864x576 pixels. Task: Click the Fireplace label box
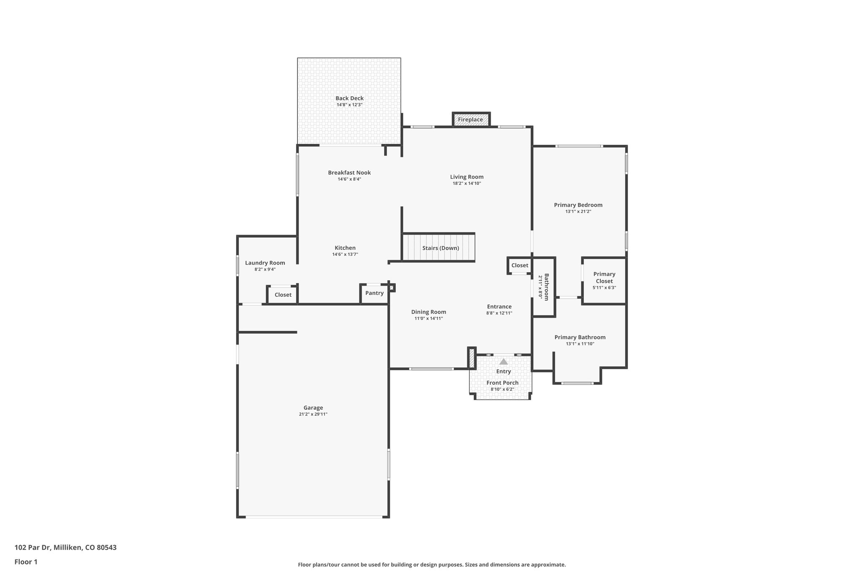click(471, 119)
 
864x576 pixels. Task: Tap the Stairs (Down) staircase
click(439, 248)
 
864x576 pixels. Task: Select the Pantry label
click(374, 293)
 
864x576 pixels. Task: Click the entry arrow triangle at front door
click(503, 362)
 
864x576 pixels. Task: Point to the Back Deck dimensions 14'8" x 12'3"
click(349, 105)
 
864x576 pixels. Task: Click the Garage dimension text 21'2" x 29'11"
click(313, 414)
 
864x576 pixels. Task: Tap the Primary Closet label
click(604, 277)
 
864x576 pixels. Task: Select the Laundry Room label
click(265, 263)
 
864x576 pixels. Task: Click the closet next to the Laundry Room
click(283, 295)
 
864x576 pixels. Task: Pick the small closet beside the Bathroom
click(519, 265)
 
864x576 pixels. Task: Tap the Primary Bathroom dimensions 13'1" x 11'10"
click(580, 344)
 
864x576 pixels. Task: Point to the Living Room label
click(467, 177)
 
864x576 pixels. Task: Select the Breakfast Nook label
click(349, 173)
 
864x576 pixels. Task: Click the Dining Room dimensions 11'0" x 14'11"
click(429, 319)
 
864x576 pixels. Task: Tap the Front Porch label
click(502, 383)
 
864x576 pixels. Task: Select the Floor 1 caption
click(26, 562)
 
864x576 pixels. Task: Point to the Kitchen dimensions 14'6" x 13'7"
click(345, 254)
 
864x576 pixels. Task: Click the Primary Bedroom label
click(578, 205)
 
